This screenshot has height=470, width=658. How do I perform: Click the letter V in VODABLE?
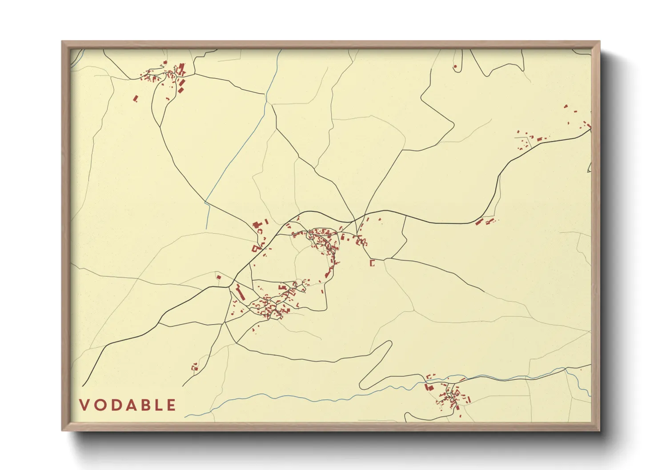pos(84,405)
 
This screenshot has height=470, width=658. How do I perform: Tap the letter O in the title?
pos(100,405)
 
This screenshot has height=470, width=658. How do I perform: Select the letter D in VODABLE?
pos(116,405)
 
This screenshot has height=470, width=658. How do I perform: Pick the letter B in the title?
pos(145,405)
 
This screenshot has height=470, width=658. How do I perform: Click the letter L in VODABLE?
pos(159,405)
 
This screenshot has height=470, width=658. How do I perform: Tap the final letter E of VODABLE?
pos(171,405)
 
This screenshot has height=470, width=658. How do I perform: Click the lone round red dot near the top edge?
pos(455,67)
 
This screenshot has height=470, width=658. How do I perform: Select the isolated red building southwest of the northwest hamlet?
pos(136,98)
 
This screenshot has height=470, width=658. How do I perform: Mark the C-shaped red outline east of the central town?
pos(372,263)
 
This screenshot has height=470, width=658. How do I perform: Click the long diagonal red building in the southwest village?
pos(240,293)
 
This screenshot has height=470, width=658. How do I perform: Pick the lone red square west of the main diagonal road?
pos(218,277)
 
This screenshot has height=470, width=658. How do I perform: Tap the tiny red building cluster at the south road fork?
pos(194,367)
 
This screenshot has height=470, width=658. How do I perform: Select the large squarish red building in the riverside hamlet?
pos(429,387)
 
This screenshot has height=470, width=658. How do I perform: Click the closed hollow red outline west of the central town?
pos(255,248)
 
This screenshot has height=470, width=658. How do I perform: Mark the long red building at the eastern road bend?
pos(479,222)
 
